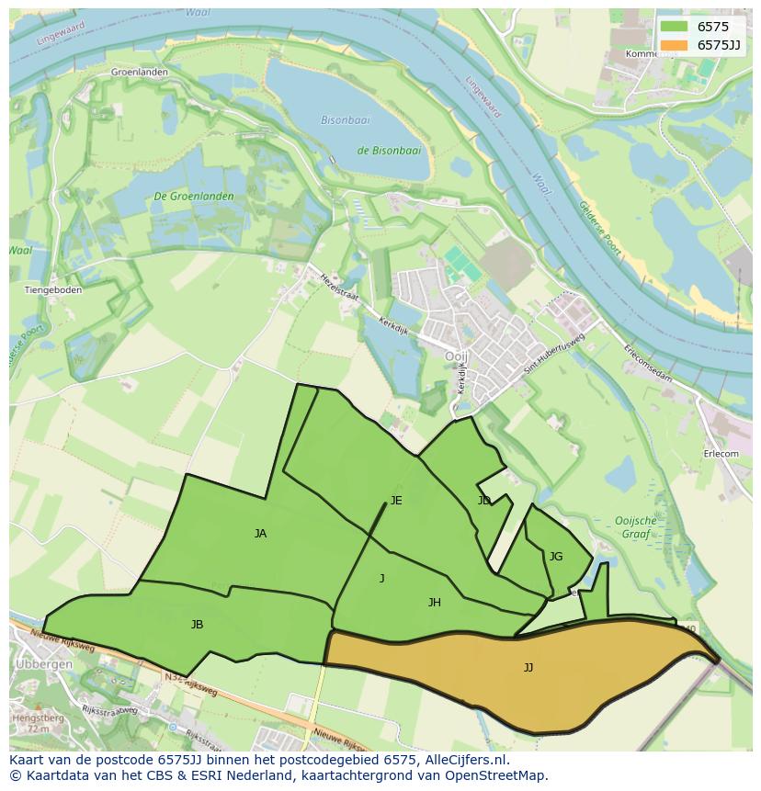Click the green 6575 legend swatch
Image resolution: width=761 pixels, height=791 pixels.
(x=674, y=28)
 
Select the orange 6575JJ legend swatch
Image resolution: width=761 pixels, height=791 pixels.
(x=674, y=45)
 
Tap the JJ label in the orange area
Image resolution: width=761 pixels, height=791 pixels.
(x=528, y=668)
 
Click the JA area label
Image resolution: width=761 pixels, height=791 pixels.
(x=260, y=534)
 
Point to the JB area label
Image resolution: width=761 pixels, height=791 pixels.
(x=197, y=625)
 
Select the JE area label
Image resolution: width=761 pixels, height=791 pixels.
(x=396, y=501)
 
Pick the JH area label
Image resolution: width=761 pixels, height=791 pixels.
(x=435, y=603)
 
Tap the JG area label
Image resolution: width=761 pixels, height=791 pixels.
(x=555, y=557)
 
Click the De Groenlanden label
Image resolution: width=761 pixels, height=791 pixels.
(x=193, y=197)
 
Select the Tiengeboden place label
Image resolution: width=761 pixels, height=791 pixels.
(x=52, y=290)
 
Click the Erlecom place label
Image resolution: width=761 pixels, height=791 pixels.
(x=721, y=454)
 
